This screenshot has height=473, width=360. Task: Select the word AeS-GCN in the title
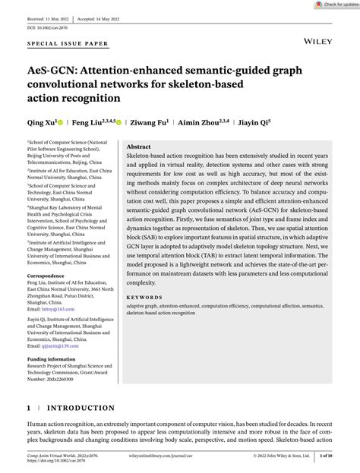pyautogui.click(x=55, y=70)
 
